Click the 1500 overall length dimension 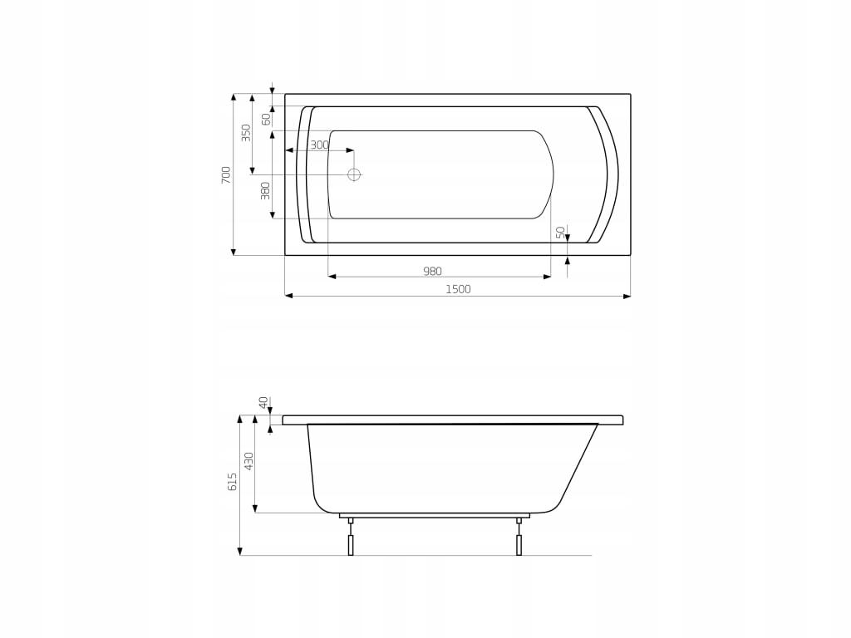tap(458, 289)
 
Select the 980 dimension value tap(432, 272)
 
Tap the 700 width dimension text tap(226, 174)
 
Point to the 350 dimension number tap(246, 133)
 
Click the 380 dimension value tap(265, 190)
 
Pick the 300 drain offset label tap(320, 145)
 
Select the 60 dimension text tap(267, 120)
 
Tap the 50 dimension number tap(561, 233)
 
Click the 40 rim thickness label tap(263, 403)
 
